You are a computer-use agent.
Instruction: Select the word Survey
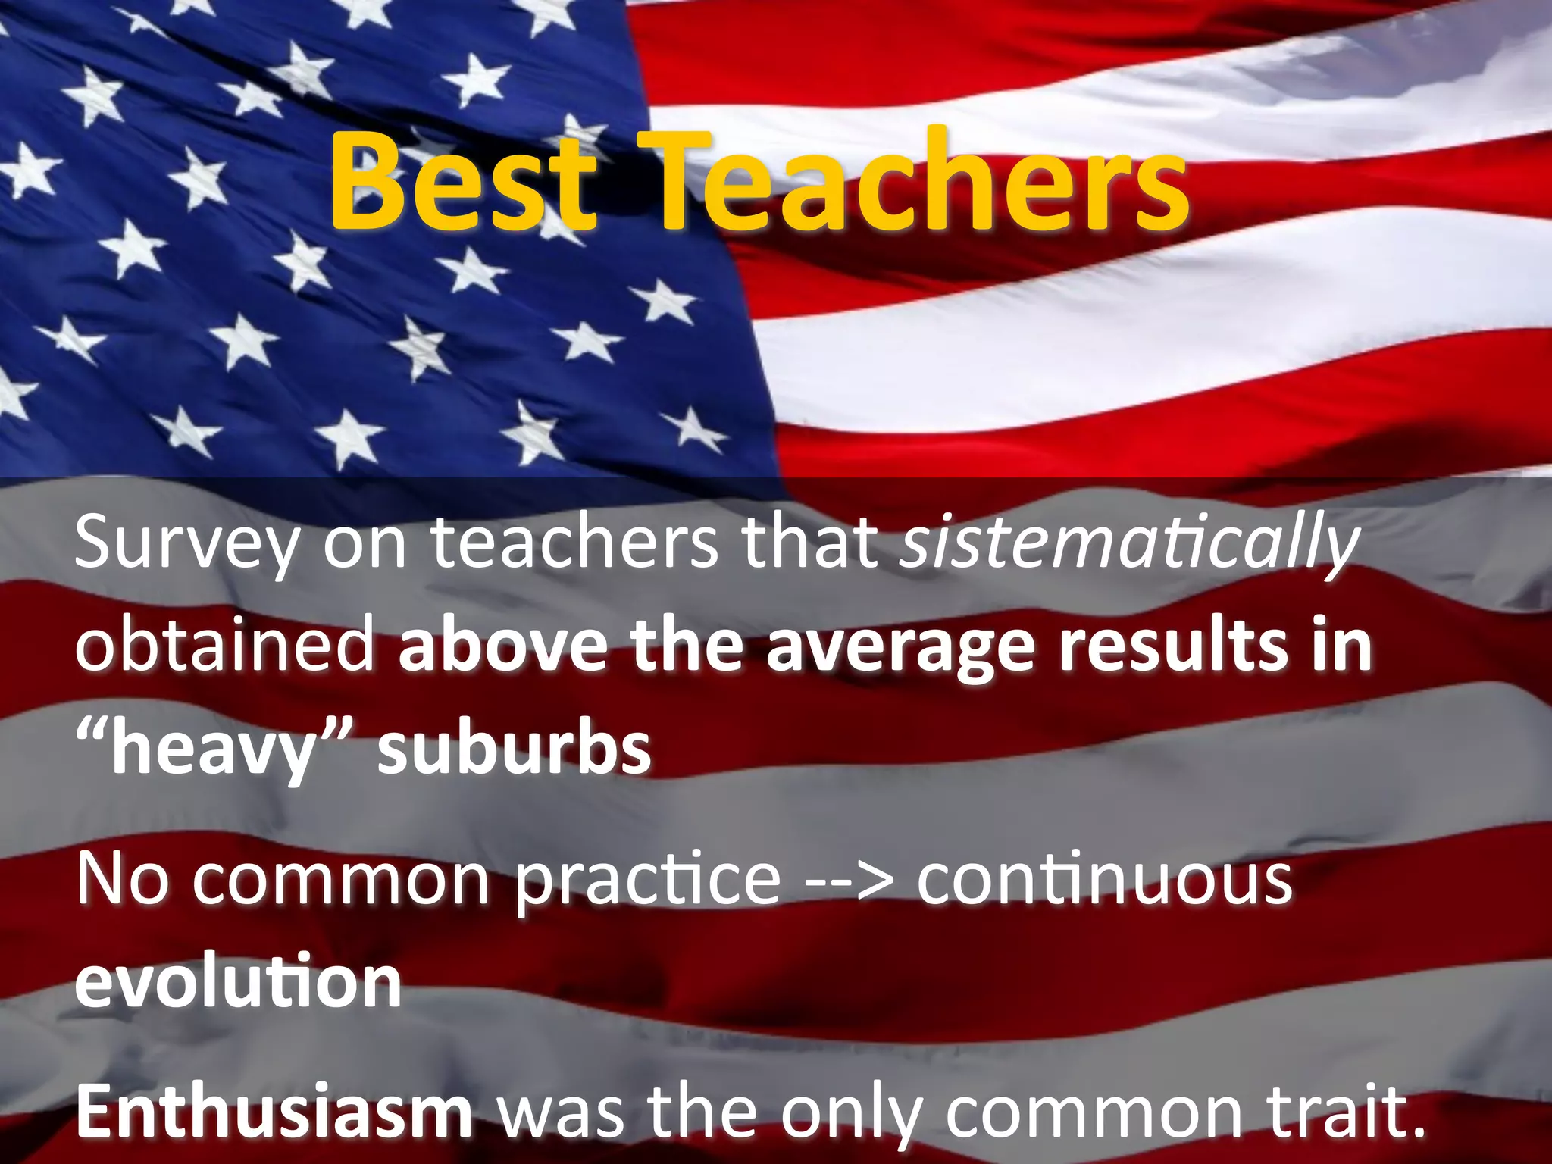pyautogui.click(x=186, y=543)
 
